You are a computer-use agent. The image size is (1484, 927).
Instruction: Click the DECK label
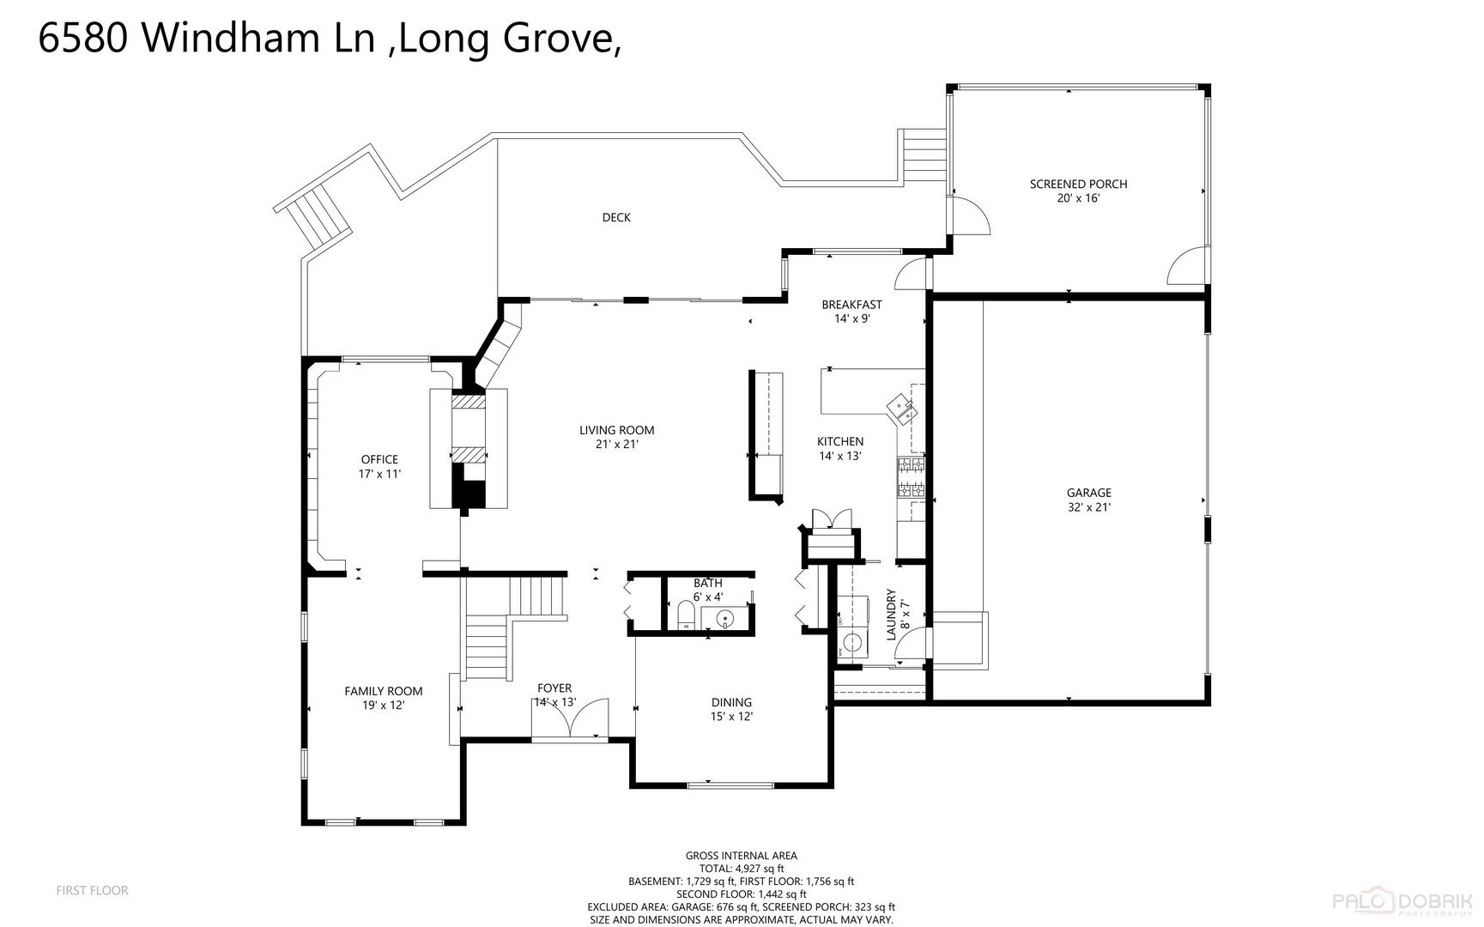[x=616, y=218]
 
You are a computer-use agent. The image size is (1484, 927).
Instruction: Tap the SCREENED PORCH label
[x=1078, y=184]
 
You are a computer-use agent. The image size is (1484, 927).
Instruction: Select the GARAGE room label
[x=1089, y=493]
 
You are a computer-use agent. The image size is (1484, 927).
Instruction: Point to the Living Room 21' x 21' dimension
[x=617, y=445]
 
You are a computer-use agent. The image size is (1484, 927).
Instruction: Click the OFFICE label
[x=379, y=459]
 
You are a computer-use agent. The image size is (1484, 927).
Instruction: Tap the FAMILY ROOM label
[x=384, y=691]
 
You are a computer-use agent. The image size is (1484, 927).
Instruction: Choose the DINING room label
[x=731, y=702]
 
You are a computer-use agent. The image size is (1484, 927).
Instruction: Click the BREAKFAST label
[x=851, y=305]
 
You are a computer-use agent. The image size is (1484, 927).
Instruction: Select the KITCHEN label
[x=840, y=442]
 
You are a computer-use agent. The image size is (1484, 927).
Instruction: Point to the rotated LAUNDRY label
[x=891, y=615]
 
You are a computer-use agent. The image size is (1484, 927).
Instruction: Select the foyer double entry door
[x=570, y=718]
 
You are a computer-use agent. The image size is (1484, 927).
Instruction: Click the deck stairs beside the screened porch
[x=923, y=156]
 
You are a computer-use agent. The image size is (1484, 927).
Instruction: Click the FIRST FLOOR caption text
[x=92, y=891]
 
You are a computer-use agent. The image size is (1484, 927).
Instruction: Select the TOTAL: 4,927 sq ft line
[x=742, y=869]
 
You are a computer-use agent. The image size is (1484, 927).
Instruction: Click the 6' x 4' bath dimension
[x=708, y=597]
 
